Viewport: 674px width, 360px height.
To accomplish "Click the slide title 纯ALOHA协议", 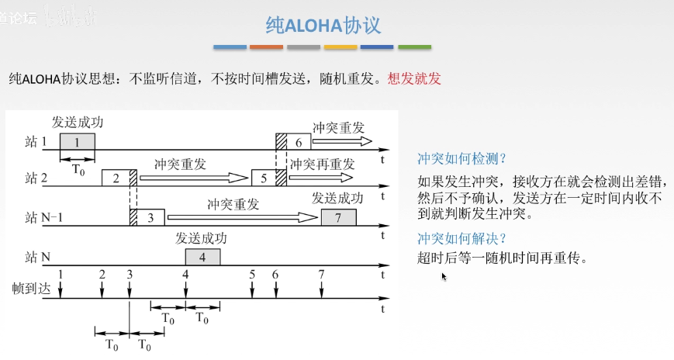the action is pyautogui.click(x=323, y=26).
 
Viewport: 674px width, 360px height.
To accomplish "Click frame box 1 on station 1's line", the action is pyautogui.click(x=78, y=141).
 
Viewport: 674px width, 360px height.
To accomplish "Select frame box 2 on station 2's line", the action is pyautogui.click(x=119, y=178).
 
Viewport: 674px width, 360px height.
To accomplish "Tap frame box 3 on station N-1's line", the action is pyautogui.click(x=147, y=217).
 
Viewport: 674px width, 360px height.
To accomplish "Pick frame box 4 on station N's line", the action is pyautogui.click(x=202, y=258).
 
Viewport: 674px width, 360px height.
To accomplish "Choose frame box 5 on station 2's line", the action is pyautogui.click(x=268, y=178).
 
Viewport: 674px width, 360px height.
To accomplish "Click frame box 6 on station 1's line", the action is pyautogui.click(x=293, y=141).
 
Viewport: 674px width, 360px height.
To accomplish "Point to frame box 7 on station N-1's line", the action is pyautogui.click(x=339, y=217).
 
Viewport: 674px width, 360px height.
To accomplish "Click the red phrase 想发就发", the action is pyautogui.click(x=414, y=78).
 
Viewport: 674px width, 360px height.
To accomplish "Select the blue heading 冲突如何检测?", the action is pyautogui.click(x=461, y=159).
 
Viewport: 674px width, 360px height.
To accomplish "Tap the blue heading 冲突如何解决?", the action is pyautogui.click(x=461, y=238).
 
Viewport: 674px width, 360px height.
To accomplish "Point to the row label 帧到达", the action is pyautogui.click(x=31, y=288).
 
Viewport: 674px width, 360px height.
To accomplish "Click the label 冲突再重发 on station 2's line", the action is pyautogui.click(x=322, y=164).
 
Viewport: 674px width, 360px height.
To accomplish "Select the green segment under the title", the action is pyautogui.click(x=414, y=47).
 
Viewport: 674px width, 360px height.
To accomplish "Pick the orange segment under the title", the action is pyautogui.click(x=267, y=47).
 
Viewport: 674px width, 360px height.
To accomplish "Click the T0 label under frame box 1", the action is pyautogui.click(x=78, y=170).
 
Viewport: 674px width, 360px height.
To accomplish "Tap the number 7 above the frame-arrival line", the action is pyautogui.click(x=321, y=274).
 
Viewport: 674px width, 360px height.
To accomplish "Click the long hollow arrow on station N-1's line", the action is pyautogui.click(x=243, y=217).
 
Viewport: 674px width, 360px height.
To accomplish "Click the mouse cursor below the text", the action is pyautogui.click(x=444, y=276).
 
